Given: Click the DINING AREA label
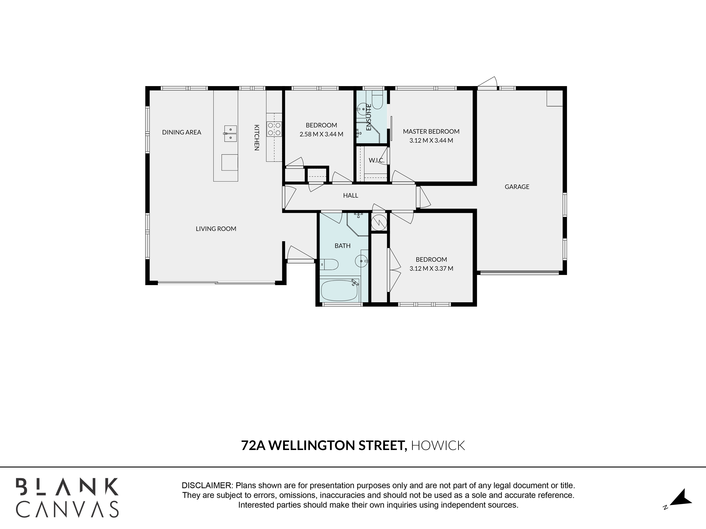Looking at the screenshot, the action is click(x=182, y=132).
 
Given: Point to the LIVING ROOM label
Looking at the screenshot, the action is click(x=216, y=229).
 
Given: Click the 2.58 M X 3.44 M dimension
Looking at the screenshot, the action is click(x=321, y=134).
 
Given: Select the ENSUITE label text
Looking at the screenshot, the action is click(x=369, y=117).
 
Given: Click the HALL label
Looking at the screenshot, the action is click(x=351, y=195).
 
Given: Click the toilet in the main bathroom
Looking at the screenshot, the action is click(x=329, y=264).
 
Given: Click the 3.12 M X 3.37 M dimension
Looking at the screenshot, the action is click(x=431, y=269).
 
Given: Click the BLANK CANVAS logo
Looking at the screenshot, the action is click(x=67, y=497).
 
